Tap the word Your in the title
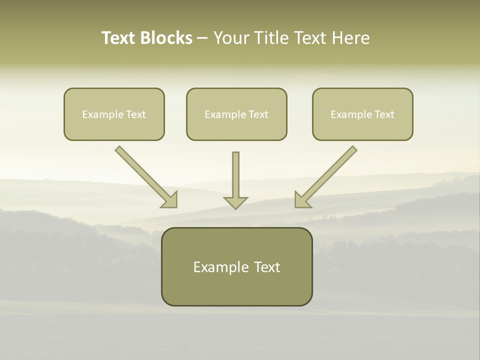pos(230,38)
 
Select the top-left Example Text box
pos(114,114)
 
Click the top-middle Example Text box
pos(236,114)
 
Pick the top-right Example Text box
pos(362,114)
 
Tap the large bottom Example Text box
pos(236,266)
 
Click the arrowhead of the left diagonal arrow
pos(170,200)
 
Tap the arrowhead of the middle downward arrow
pos(235,202)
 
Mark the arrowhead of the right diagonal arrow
pos(302,200)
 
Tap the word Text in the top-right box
pos(384,114)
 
